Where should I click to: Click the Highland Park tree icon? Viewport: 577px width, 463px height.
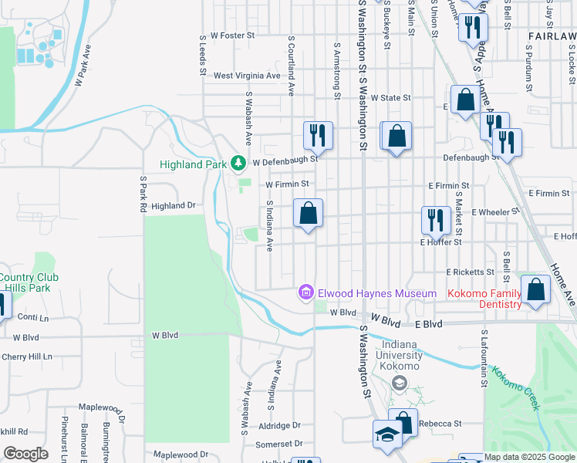pos(239,164)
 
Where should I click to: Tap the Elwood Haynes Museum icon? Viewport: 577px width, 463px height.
pos(306,292)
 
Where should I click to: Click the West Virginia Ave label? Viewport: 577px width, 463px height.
pos(247,76)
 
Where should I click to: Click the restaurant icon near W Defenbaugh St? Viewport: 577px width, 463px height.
pos(318,136)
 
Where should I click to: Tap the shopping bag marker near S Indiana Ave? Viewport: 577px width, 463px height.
pos(308,213)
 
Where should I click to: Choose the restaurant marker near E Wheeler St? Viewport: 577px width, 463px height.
pos(436,220)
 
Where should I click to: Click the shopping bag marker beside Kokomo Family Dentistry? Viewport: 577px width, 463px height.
pos(536,290)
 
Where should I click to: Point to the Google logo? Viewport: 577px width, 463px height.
pos(25,454)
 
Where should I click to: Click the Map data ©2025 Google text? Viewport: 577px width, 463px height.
pos(529,457)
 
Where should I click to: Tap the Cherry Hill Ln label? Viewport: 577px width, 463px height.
pos(26,357)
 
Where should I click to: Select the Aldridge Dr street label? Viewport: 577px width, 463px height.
pos(280,425)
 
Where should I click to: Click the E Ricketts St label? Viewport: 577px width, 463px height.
pos(470,272)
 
